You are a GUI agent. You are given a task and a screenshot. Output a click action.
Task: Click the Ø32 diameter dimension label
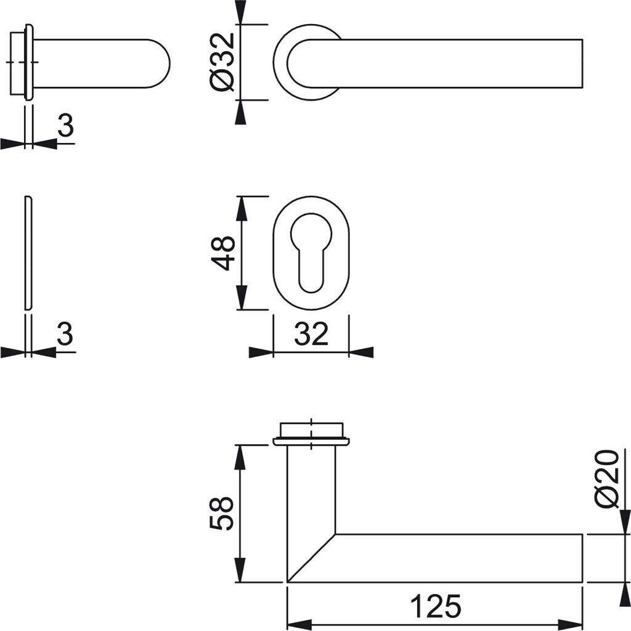coord(222,62)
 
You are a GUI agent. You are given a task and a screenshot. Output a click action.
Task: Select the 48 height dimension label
coord(222,253)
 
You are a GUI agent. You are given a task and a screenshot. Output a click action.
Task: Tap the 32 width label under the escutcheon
coord(311,333)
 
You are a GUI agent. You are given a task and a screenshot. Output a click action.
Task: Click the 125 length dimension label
coord(436,606)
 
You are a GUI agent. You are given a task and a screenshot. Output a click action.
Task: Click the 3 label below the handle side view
coord(65,124)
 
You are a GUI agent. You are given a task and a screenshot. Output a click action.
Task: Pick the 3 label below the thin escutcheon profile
coord(65,333)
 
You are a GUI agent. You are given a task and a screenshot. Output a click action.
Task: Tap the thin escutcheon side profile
coord(28,253)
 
